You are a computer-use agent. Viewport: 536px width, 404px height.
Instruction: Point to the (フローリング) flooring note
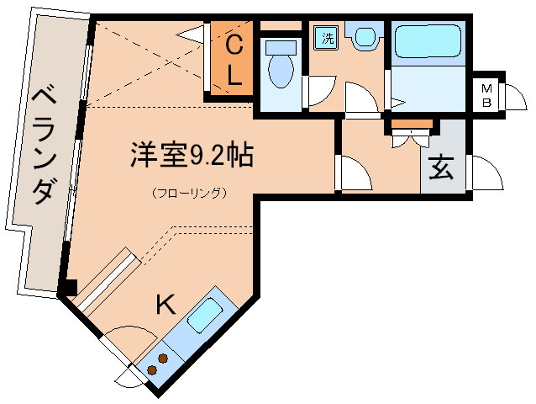point(191,193)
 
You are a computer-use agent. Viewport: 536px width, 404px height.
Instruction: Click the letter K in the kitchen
point(166,304)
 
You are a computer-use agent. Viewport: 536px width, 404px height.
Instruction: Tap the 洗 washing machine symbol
point(325,39)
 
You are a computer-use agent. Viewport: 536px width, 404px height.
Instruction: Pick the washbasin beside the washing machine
point(365,37)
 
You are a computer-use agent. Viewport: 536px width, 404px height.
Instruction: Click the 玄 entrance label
point(442,167)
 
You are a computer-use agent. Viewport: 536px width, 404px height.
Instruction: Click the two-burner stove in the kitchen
point(157,363)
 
